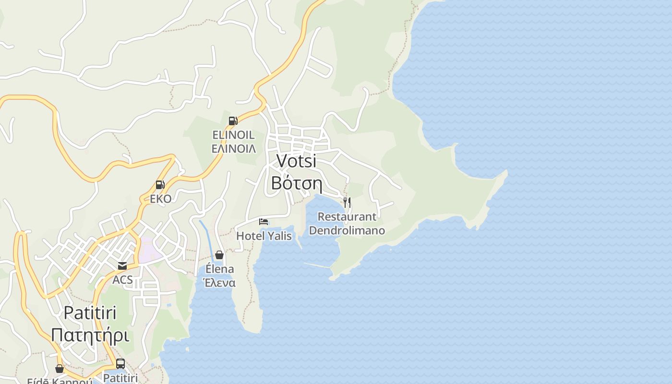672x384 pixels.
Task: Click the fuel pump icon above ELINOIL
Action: point(233,121)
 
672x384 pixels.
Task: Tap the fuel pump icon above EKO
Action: point(160,185)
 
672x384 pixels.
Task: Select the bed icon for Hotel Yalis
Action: point(264,222)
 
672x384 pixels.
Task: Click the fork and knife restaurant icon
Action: point(347,203)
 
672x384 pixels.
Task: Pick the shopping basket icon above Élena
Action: point(219,255)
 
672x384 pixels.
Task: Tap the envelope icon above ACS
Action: point(122,266)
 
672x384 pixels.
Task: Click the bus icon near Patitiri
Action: point(120,364)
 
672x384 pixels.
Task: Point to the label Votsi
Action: point(297,161)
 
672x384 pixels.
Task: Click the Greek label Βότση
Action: point(296,183)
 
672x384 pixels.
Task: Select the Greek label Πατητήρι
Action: point(90,335)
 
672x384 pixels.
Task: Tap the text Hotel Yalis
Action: point(264,236)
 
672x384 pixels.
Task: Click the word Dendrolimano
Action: point(347,230)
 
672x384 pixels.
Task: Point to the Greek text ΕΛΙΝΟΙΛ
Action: point(234,149)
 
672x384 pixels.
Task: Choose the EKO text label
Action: point(160,199)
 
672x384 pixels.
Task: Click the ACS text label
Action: point(122,280)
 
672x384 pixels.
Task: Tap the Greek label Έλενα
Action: point(219,283)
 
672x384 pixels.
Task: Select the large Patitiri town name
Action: point(90,313)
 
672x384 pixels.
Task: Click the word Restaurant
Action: point(347,217)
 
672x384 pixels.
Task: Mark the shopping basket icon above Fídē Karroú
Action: point(60,369)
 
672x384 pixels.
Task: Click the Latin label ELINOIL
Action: point(234,135)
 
